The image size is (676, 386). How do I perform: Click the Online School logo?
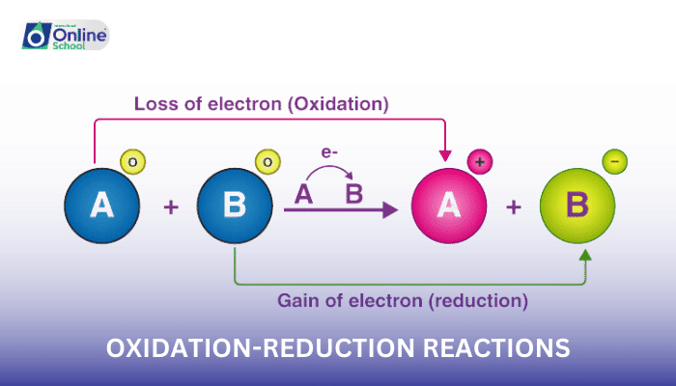point(64,37)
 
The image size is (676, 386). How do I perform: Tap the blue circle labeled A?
point(101,206)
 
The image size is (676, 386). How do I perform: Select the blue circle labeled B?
point(235,206)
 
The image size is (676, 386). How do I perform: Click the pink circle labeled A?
point(448,206)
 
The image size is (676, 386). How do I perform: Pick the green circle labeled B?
point(577,206)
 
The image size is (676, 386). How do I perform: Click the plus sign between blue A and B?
point(171,207)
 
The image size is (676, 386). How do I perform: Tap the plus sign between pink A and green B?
point(514,207)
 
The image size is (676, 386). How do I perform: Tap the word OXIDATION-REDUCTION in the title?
point(253,347)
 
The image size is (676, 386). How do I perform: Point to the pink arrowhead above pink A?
point(443,154)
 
